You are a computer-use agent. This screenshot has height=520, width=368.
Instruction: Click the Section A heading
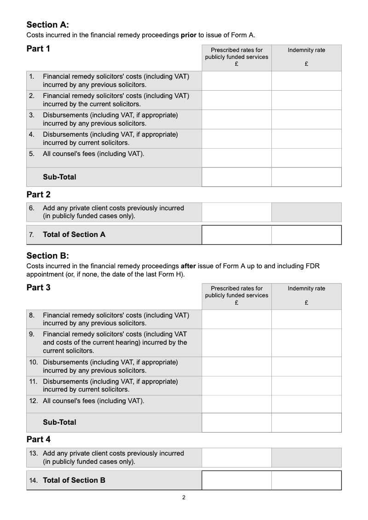tap(48, 25)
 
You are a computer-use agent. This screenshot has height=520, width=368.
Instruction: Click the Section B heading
tap(48, 256)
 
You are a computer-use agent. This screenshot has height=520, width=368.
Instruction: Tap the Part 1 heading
tap(39, 49)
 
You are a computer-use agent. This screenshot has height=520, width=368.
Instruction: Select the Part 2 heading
tap(39, 195)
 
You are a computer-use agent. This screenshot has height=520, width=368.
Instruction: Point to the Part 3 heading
tap(39, 288)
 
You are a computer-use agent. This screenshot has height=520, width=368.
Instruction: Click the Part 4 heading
tap(39, 439)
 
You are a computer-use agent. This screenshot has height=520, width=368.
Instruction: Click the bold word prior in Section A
tap(189, 35)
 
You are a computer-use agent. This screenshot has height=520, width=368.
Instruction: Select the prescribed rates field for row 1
tap(236, 81)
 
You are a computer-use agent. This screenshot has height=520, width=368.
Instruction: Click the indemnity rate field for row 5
tap(306, 158)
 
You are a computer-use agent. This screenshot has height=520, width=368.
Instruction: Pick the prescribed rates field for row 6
tap(236, 212)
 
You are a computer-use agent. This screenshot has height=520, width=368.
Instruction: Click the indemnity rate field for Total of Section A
tap(306, 235)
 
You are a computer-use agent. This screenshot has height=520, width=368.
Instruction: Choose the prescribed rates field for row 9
tap(236, 343)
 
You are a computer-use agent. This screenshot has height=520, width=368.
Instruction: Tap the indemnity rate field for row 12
tap(306, 404)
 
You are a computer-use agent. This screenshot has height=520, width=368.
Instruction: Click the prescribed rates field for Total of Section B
tap(236, 480)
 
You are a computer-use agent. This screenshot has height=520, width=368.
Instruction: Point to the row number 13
tap(34, 453)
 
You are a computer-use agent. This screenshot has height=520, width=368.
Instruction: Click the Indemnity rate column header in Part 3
tap(306, 289)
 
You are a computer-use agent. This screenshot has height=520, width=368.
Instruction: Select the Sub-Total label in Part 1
tap(59, 177)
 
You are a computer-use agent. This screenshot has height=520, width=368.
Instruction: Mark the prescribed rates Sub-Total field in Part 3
tap(236, 422)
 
